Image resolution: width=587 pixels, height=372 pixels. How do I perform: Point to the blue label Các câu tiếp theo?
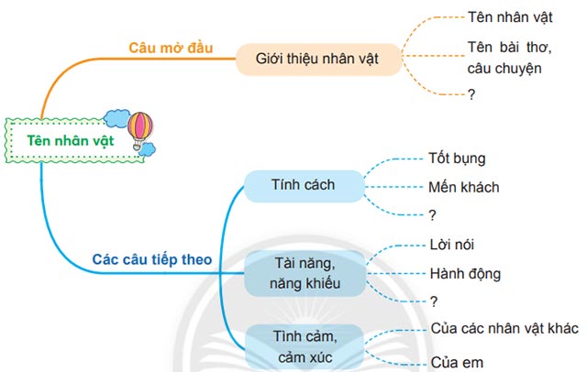[x=152, y=259]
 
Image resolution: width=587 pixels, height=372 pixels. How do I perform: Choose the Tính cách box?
[x=303, y=185]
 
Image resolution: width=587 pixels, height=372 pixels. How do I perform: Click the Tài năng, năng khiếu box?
[x=305, y=274]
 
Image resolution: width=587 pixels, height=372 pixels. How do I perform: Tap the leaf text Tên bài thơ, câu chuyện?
[x=504, y=57]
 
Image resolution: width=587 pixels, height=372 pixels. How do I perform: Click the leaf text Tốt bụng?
[x=456, y=159]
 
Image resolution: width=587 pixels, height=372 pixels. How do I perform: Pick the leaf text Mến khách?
[x=463, y=187]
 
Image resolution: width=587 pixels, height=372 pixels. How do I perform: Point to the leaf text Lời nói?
[x=451, y=245]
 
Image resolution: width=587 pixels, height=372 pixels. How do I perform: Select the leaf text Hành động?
[x=465, y=273]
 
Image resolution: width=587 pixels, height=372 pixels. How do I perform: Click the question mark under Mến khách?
[x=432, y=215]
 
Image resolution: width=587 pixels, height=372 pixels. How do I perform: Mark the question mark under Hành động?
[x=432, y=301]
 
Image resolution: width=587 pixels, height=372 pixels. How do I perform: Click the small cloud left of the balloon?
[x=116, y=117]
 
